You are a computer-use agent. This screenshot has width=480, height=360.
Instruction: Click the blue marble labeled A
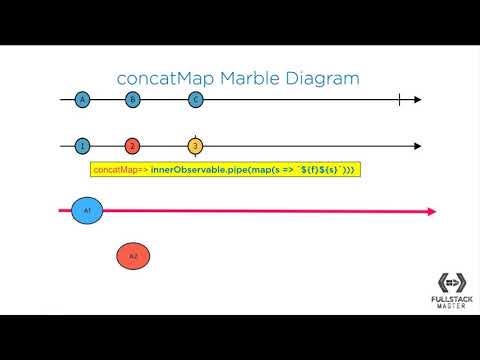[x=82, y=99]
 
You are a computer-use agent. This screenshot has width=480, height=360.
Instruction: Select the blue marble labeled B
[x=132, y=99]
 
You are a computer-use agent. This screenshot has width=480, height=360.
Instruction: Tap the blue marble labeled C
[x=196, y=99]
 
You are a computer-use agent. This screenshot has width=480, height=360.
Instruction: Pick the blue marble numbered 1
[x=82, y=146]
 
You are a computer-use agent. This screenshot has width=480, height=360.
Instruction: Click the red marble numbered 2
[x=132, y=146]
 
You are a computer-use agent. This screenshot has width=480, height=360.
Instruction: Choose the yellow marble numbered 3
[x=196, y=146]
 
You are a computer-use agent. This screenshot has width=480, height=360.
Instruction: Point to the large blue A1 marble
[x=87, y=211]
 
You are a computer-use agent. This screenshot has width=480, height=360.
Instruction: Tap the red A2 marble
[x=133, y=257]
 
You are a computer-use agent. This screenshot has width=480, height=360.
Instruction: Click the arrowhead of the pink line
[x=431, y=211]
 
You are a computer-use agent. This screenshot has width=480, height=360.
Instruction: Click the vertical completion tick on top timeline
[x=398, y=99]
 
